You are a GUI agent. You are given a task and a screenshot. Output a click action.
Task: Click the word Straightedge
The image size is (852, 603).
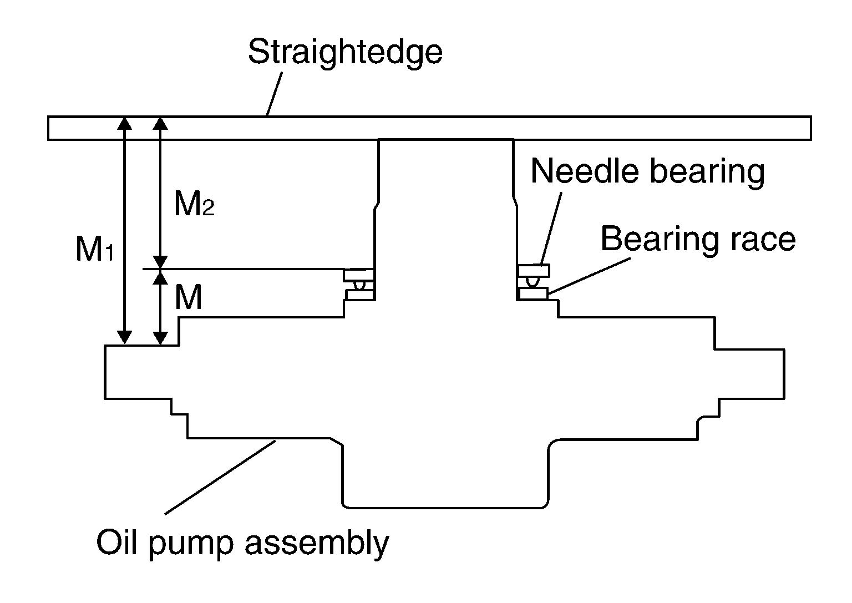pos(345,53)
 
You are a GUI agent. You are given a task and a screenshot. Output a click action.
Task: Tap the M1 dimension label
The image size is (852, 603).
pos(95,249)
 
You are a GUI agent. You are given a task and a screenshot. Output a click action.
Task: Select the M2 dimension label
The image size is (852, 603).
pos(194,203)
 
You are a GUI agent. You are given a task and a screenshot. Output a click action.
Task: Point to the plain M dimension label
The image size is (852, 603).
pos(188,297)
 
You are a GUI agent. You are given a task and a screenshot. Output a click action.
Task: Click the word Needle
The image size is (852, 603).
pos(585,171)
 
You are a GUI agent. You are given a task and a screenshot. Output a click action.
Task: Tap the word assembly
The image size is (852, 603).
pos(317,543)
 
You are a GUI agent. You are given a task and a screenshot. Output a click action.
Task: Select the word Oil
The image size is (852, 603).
pos(116,542)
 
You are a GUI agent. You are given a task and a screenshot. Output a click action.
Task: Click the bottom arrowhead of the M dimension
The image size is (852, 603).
pos(160,338)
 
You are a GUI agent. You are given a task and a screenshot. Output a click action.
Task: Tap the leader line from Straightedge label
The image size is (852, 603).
pos(274,94)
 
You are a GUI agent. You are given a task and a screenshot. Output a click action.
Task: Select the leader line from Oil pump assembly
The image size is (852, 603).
pos(220,477)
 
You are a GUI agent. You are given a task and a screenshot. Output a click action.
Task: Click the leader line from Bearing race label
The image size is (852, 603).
pos(589,276)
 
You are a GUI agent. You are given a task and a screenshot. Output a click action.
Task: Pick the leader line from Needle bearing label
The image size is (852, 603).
pos(551,228)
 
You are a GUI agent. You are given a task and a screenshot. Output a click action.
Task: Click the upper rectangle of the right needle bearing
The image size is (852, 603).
pos(533,271)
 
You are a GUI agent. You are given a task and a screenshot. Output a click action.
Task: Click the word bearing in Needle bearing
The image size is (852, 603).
pos(707,174)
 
